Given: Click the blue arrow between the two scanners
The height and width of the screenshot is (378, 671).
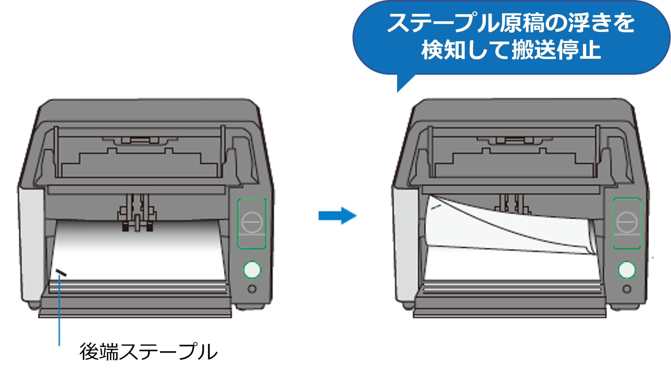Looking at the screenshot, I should pyautogui.click(x=337, y=216).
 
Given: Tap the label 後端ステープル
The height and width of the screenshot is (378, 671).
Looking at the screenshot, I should pyautogui.click(x=148, y=352).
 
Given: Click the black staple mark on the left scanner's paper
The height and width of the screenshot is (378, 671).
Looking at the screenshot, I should pyautogui.click(x=61, y=273).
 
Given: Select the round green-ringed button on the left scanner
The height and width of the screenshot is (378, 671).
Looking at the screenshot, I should pyautogui.click(x=252, y=269).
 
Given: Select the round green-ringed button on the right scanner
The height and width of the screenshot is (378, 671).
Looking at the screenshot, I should pyautogui.click(x=627, y=269).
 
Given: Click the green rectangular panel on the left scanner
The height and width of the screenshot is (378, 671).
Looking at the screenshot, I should pyautogui.click(x=252, y=223).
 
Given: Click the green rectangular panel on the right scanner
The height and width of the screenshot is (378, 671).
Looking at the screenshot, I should pyautogui.click(x=627, y=223).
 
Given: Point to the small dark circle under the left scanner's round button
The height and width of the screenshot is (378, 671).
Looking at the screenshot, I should pyautogui.click(x=252, y=289).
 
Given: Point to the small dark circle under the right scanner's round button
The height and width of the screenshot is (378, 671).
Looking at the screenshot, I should pyautogui.click(x=627, y=289).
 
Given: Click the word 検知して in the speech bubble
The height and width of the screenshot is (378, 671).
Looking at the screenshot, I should pyautogui.click(x=466, y=50).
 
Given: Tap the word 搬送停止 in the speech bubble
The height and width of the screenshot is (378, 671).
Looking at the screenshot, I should pyautogui.click(x=556, y=50).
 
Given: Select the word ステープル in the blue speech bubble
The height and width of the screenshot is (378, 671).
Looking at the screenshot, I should pyautogui.click(x=443, y=23).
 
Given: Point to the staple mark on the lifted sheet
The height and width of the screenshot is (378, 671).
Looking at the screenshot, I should pyautogui.click(x=436, y=207).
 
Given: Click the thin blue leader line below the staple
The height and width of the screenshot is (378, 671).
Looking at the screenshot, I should pyautogui.click(x=59, y=309).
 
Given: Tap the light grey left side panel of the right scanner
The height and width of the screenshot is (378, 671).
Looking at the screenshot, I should pyautogui.click(x=405, y=241).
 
